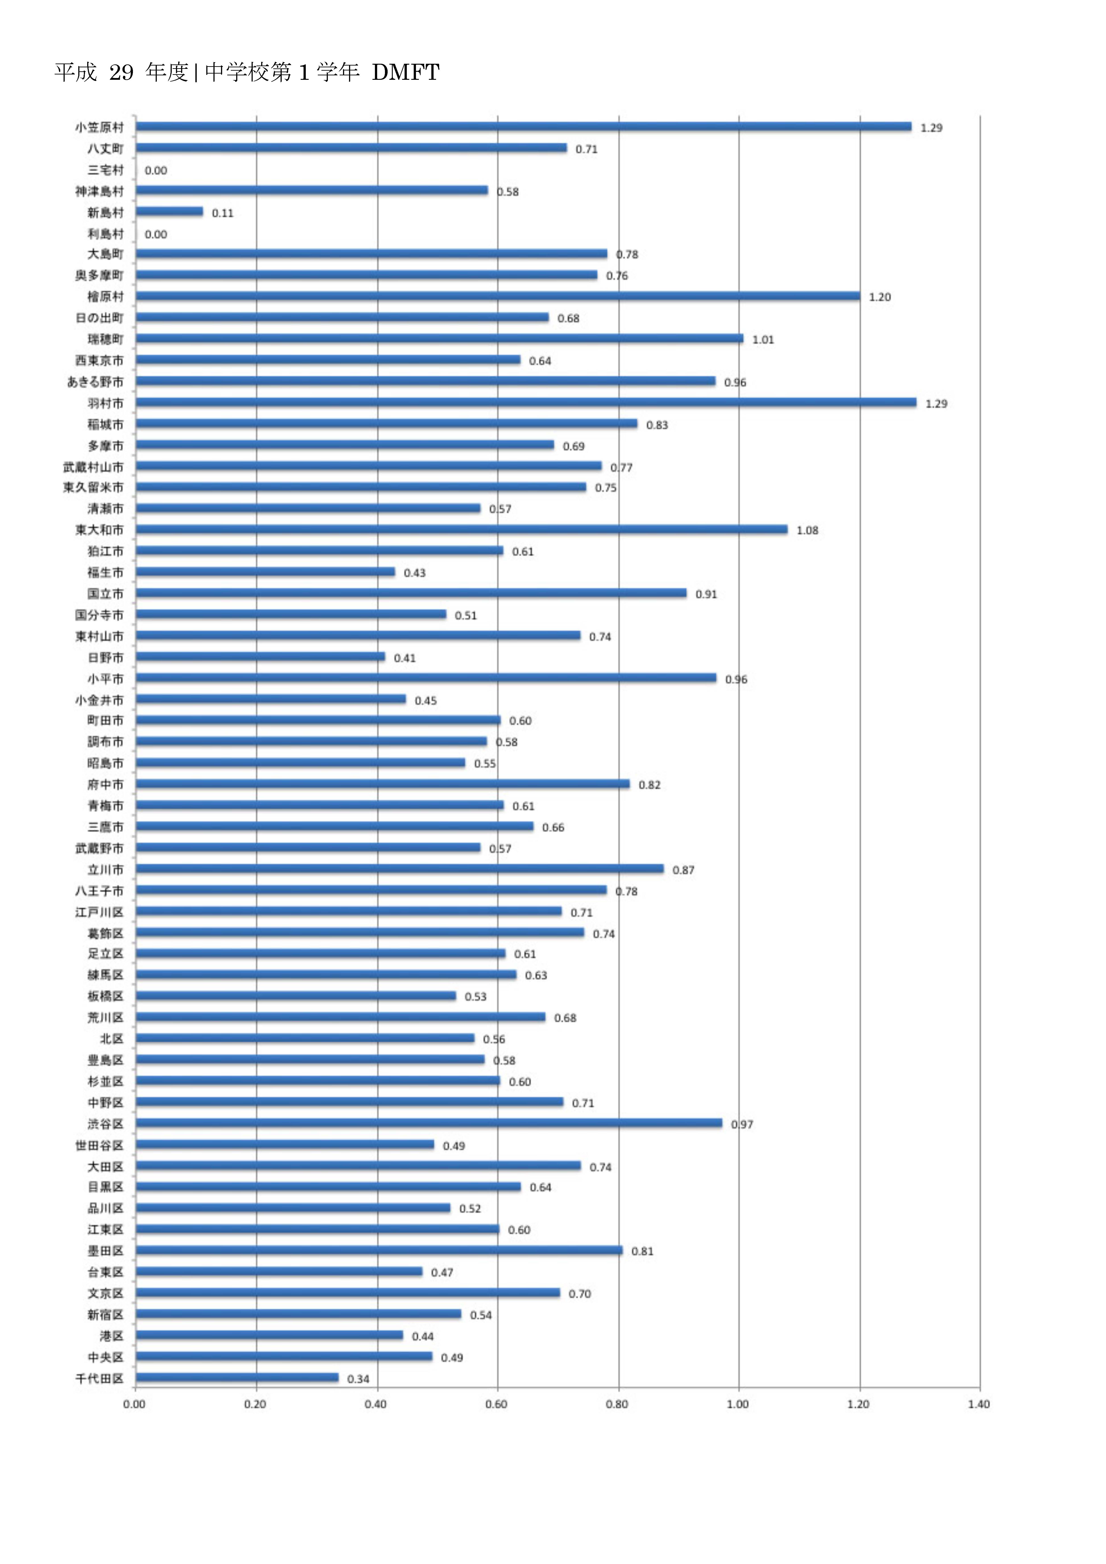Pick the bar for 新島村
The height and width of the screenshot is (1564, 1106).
(169, 212)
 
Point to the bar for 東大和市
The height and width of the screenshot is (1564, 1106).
(461, 529)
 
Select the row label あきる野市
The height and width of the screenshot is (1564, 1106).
(95, 382)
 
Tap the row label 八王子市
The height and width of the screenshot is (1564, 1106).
(99, 890)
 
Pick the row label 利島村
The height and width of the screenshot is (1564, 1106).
(106, 234)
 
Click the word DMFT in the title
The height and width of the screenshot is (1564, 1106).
(405, 72)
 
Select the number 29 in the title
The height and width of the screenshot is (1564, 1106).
(121, 72)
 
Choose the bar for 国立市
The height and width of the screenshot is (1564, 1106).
(411, 593)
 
